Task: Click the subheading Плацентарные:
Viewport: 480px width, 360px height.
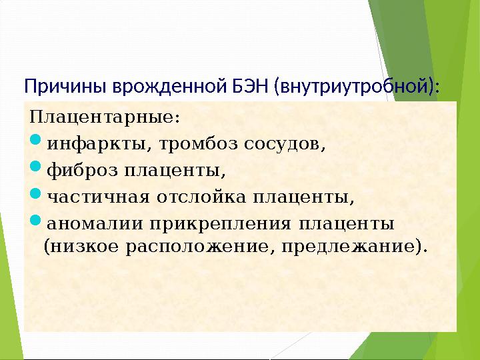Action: click(105, 118)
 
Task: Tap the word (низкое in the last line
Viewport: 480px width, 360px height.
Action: click(73, 247)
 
